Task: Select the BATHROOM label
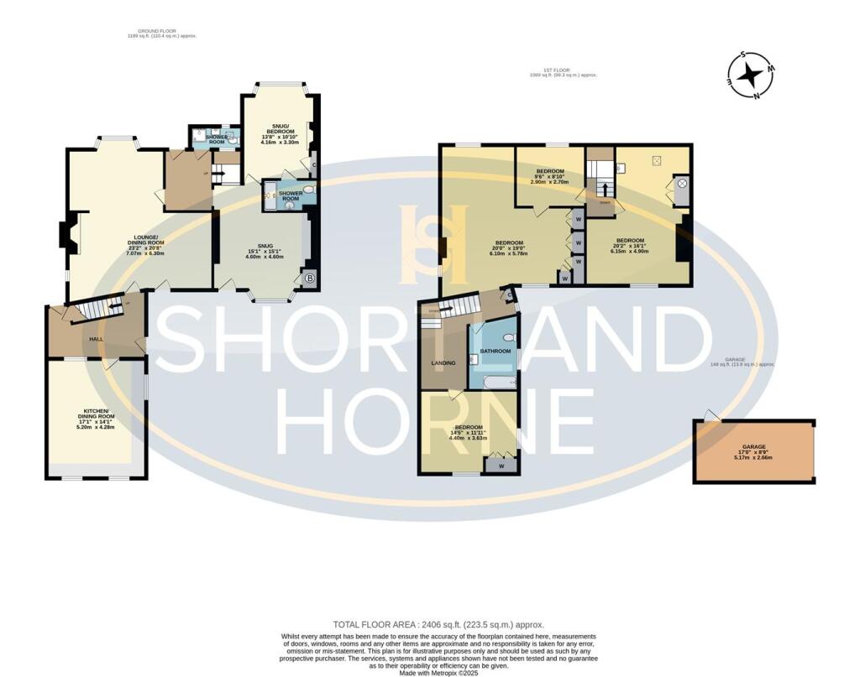point(495,351)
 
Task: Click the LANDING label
point(443,362)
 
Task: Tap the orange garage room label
point(753,451)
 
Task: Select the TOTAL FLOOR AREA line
point(438,624)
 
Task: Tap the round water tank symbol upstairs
point(682,183)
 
